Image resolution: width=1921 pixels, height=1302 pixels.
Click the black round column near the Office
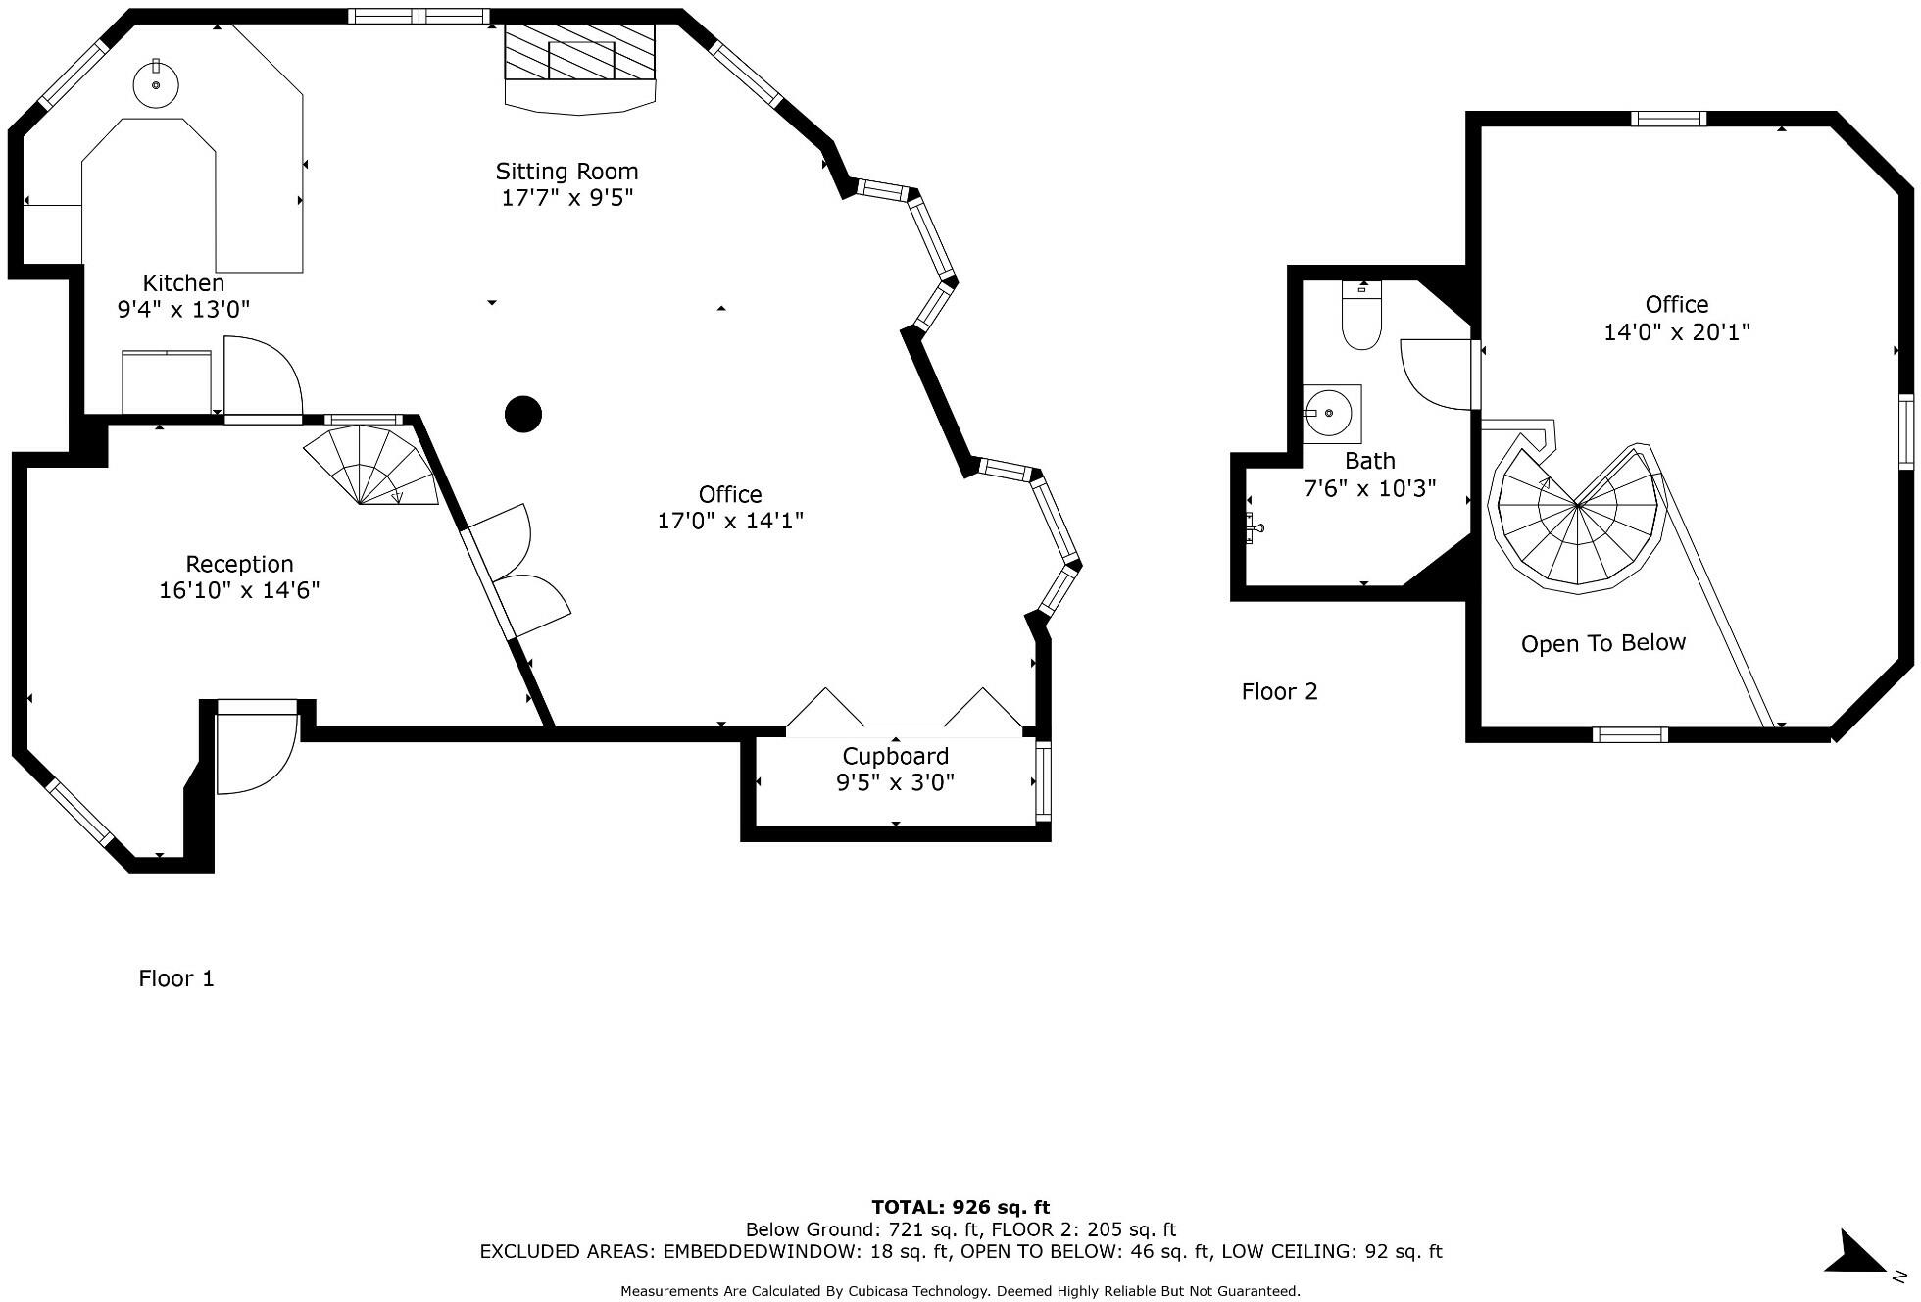point(523,415)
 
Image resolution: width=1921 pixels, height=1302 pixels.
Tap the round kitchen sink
point(156,85)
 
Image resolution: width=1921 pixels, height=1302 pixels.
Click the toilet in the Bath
point(1361,318)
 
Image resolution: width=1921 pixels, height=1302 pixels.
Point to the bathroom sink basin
point(1330,414)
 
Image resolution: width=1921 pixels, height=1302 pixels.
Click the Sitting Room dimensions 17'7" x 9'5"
point(566,198)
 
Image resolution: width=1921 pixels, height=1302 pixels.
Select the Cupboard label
point(895,756)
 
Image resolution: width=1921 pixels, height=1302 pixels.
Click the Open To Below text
point(1602,643)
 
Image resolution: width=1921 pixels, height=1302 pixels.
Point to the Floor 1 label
point(176,978)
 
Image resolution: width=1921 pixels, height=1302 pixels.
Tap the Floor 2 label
point(1279,692)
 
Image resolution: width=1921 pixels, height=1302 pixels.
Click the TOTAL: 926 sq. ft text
point(960,1207)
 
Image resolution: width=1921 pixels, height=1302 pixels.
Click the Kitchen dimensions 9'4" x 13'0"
point(183,310)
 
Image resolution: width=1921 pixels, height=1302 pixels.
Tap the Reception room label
point(239,564)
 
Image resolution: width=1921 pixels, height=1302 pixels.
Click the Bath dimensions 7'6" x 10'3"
point(1369,488)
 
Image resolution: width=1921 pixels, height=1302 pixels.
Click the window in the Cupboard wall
point(1043,781)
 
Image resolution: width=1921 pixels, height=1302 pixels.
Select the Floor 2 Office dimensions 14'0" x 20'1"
point(1676,332)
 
